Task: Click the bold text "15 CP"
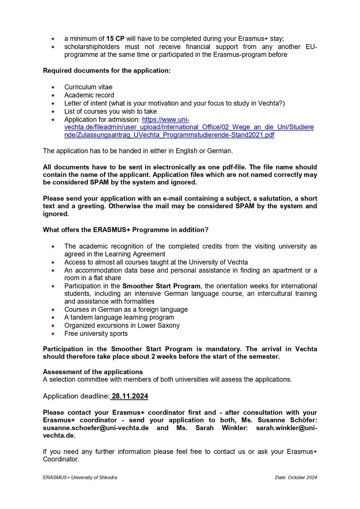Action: pyautogui.click(x=116, y=39)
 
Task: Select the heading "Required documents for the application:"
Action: pyautogui.click(x=107, y=71)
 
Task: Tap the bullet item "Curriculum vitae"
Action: pyautogui.click(x=88, y=87)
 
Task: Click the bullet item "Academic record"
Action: pyautogui.click(x=89, y=95)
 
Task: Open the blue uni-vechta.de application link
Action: pyautogui.click(x=189, y=127)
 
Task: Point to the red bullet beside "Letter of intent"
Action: pyautogui.click(x=53, y=103)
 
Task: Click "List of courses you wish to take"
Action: pyautogui.click(x=110, y=111)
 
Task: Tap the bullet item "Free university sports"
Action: pyautogui.click(x=96, y=333)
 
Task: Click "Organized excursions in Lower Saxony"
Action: pyautogui.click(x=122, y=325)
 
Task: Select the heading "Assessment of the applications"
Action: pyautogui.click(x=93, y=372)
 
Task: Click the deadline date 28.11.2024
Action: pyautogui.click(x=130, y=396)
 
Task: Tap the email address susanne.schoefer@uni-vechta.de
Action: pyautogui.click(x=96, y=428)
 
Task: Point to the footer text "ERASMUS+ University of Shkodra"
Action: pyautogui.click(x=80, y=478)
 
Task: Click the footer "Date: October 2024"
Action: pyautogui.click(x=296, y=478)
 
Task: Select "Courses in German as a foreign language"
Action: pyautogui.click(x=126, y=310)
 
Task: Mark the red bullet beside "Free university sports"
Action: pyautogui.click(x=53, y=334)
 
